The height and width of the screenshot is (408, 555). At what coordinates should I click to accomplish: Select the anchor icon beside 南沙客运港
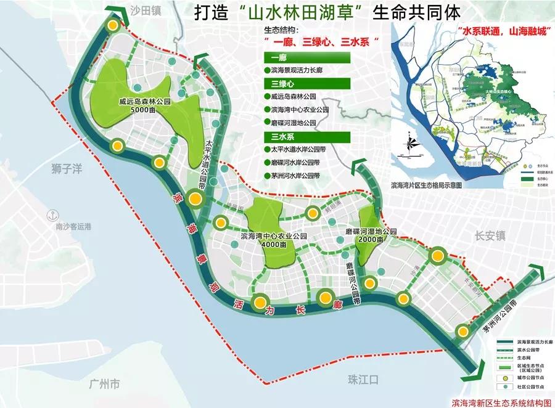pos(54,215)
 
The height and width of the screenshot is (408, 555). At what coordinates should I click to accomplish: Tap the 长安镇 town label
pos(490,235)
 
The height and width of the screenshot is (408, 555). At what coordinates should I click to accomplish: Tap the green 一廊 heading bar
pos(306,57)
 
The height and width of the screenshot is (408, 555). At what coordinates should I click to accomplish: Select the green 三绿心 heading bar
pos(306,83)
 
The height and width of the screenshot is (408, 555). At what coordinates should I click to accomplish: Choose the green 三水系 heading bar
pos(306,136)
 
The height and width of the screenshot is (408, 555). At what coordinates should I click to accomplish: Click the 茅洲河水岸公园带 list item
pos(295,176)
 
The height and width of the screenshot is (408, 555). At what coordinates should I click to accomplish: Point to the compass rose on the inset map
pos(411,145)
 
